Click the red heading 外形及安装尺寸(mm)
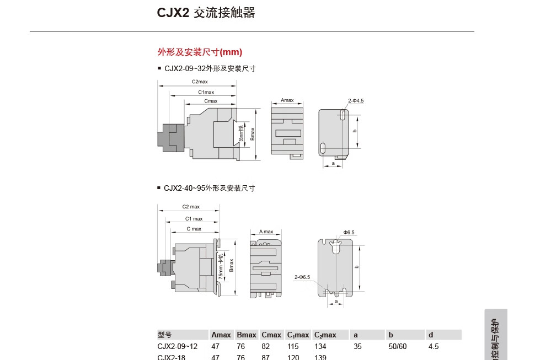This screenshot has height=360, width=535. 200,52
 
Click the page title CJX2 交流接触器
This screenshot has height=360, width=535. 206,13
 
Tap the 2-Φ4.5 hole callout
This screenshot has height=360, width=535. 356,101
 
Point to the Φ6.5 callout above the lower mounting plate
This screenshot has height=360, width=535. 349,233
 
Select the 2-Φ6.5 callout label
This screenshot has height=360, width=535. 302,277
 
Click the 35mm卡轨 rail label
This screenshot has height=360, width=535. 241,134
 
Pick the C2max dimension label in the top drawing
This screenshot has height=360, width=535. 200,82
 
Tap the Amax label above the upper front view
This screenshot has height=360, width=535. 287,100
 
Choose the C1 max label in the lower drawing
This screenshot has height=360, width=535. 194,219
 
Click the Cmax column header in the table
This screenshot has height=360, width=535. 271,335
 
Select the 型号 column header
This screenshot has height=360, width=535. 164,335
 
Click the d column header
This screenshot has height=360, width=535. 431,335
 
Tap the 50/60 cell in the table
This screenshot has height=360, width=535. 397,347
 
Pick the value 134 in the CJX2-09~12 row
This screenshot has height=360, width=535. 320,347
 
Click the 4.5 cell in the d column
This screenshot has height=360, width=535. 434,347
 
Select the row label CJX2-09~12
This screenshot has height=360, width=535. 177,347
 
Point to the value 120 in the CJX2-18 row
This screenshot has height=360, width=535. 293,357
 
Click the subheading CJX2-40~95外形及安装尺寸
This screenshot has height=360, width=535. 209,188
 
